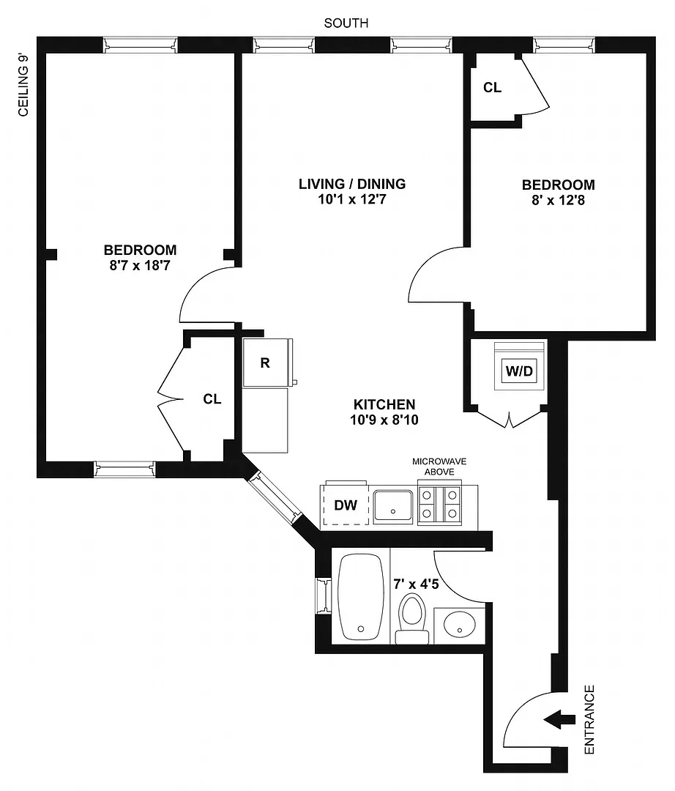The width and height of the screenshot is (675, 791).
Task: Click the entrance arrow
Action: [x=560, y=720]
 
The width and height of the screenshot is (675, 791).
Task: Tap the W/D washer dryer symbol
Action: [x=519, y=366]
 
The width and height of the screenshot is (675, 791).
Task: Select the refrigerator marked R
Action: [x=266, y=363]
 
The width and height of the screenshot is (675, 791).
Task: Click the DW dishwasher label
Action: [x=346, y=505]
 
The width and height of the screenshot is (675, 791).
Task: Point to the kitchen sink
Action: [x=393, y=506]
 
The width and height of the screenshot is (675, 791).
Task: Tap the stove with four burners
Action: [x=440, y=505]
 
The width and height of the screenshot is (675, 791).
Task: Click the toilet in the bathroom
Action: [x=412, y=618]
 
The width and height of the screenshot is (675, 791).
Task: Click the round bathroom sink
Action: [x=459, y=625]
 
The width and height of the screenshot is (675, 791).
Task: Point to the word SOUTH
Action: [x=346, y=23]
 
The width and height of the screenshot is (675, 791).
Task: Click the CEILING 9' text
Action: [x=23, y=85]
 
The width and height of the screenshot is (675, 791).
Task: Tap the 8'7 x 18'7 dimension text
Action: [x=140, y=265]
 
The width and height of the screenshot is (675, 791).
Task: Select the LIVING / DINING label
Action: [x=352, y=184]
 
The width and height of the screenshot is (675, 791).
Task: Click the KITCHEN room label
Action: [x=384, y=404]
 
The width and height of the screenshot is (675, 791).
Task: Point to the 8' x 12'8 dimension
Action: [x=558, y=200]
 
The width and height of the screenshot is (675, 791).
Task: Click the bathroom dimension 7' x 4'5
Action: [x=416, y=584]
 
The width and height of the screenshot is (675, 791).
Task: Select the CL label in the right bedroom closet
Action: [x=492, y=87]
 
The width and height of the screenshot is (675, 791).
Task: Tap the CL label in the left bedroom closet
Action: [x=212, y=399]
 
